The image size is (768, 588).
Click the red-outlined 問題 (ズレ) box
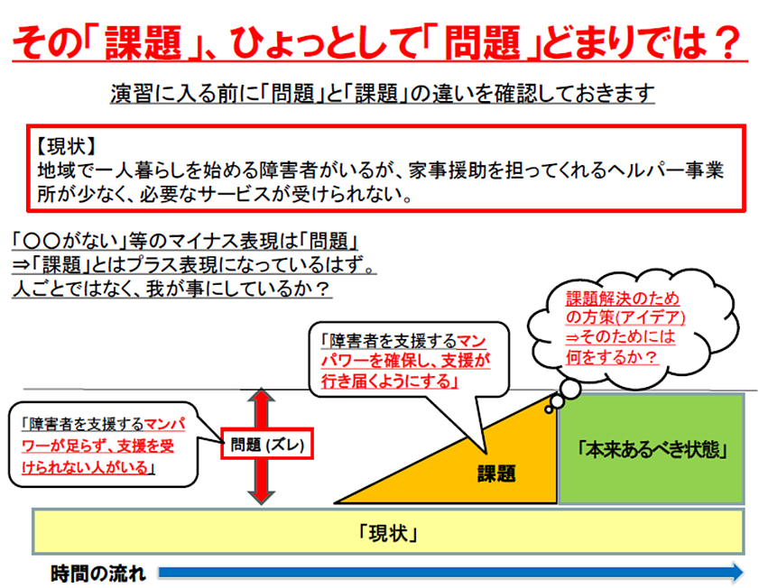(267, 444)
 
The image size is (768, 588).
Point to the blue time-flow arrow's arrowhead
(736, 572)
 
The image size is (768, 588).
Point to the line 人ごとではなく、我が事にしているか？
(171, 289)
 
